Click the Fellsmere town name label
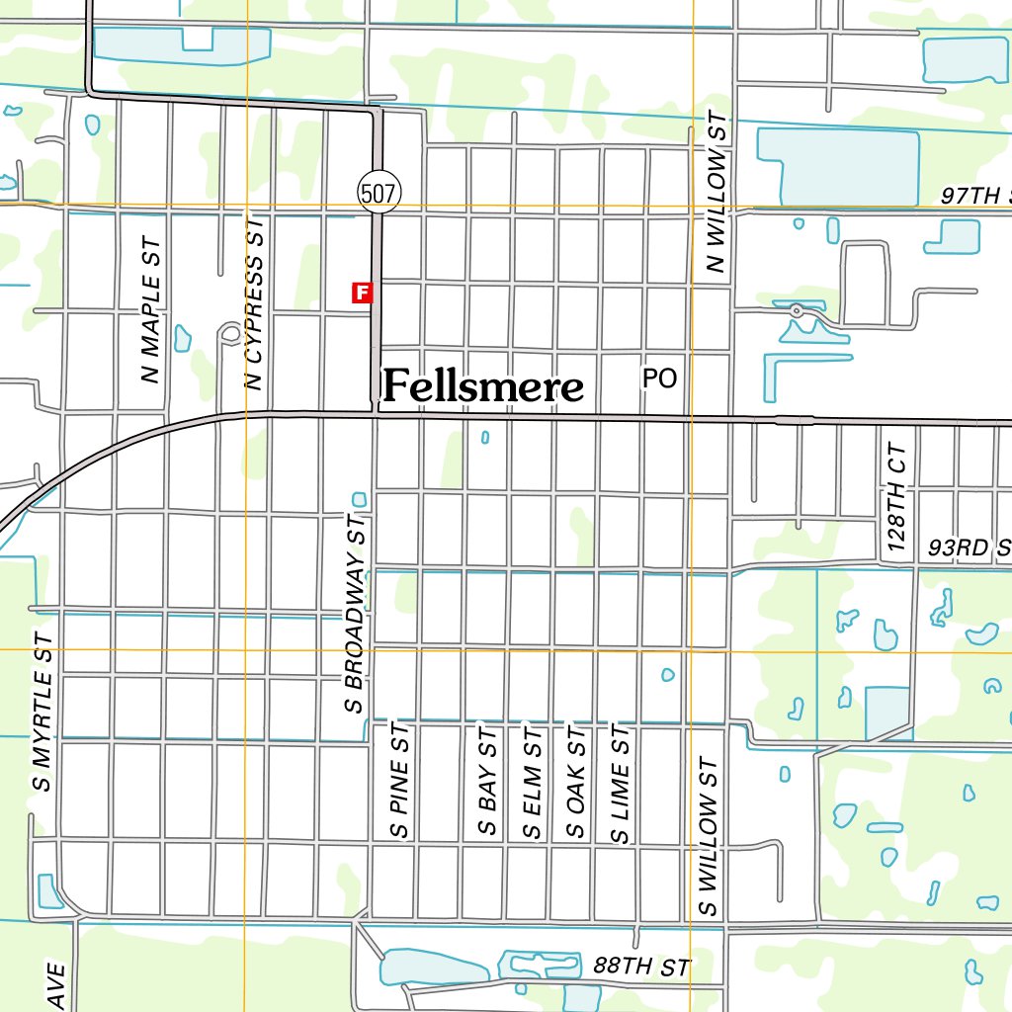pyautogui.click(x=483, y=386)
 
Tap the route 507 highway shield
pyautogui.click(x=379, y=194)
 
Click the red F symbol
pyautogui.click(x=363, y=292)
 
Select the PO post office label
pyautogui.click(x=659, y=379)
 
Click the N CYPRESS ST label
pyautogui.click(x=255, y=305)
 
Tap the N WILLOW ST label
pyautogui.click(x=717, y=192)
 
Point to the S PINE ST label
pyautogui.click(x=399, y=781)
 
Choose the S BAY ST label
pyautogui.click(x=486, y=782)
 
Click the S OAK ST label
pyautogui.click(x=575, y=782)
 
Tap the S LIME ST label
pyautogui.click(x=620, y=782)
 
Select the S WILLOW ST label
pyautogui.click(x=708, y=837)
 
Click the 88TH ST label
pyautogui.click(x=641, y=966)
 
